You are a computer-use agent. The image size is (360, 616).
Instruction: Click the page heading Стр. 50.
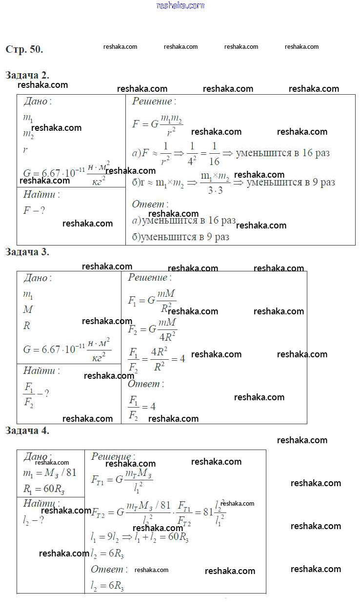click(24, 49)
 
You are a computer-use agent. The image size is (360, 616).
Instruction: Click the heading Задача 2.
click(27, 75)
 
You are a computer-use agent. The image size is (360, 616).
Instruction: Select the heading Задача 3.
click(27, 252)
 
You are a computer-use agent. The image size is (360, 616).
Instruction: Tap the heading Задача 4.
click(27, 431)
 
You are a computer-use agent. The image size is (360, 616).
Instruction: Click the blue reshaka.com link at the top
click(180, 5)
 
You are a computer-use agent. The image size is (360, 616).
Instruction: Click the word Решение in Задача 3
click(148, 278)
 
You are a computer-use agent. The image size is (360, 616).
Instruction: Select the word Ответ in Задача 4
click(108, 569)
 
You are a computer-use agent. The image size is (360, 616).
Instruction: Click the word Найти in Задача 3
click(40, 371)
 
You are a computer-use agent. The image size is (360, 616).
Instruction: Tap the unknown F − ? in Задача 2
click(34, 211)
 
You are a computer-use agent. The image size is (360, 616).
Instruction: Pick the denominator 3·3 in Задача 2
click(215, 190)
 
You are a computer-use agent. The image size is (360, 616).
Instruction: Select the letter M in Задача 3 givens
click(28, 310)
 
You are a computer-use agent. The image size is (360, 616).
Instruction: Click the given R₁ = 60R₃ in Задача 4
click(44, 490)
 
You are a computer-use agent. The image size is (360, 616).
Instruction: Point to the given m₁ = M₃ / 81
click(50, 473)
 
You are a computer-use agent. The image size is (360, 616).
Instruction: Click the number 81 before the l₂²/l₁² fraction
click(208, 513)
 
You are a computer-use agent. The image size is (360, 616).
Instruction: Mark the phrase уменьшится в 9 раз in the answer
click(185, 237)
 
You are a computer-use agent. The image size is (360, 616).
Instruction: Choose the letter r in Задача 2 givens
click(25, 150)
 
